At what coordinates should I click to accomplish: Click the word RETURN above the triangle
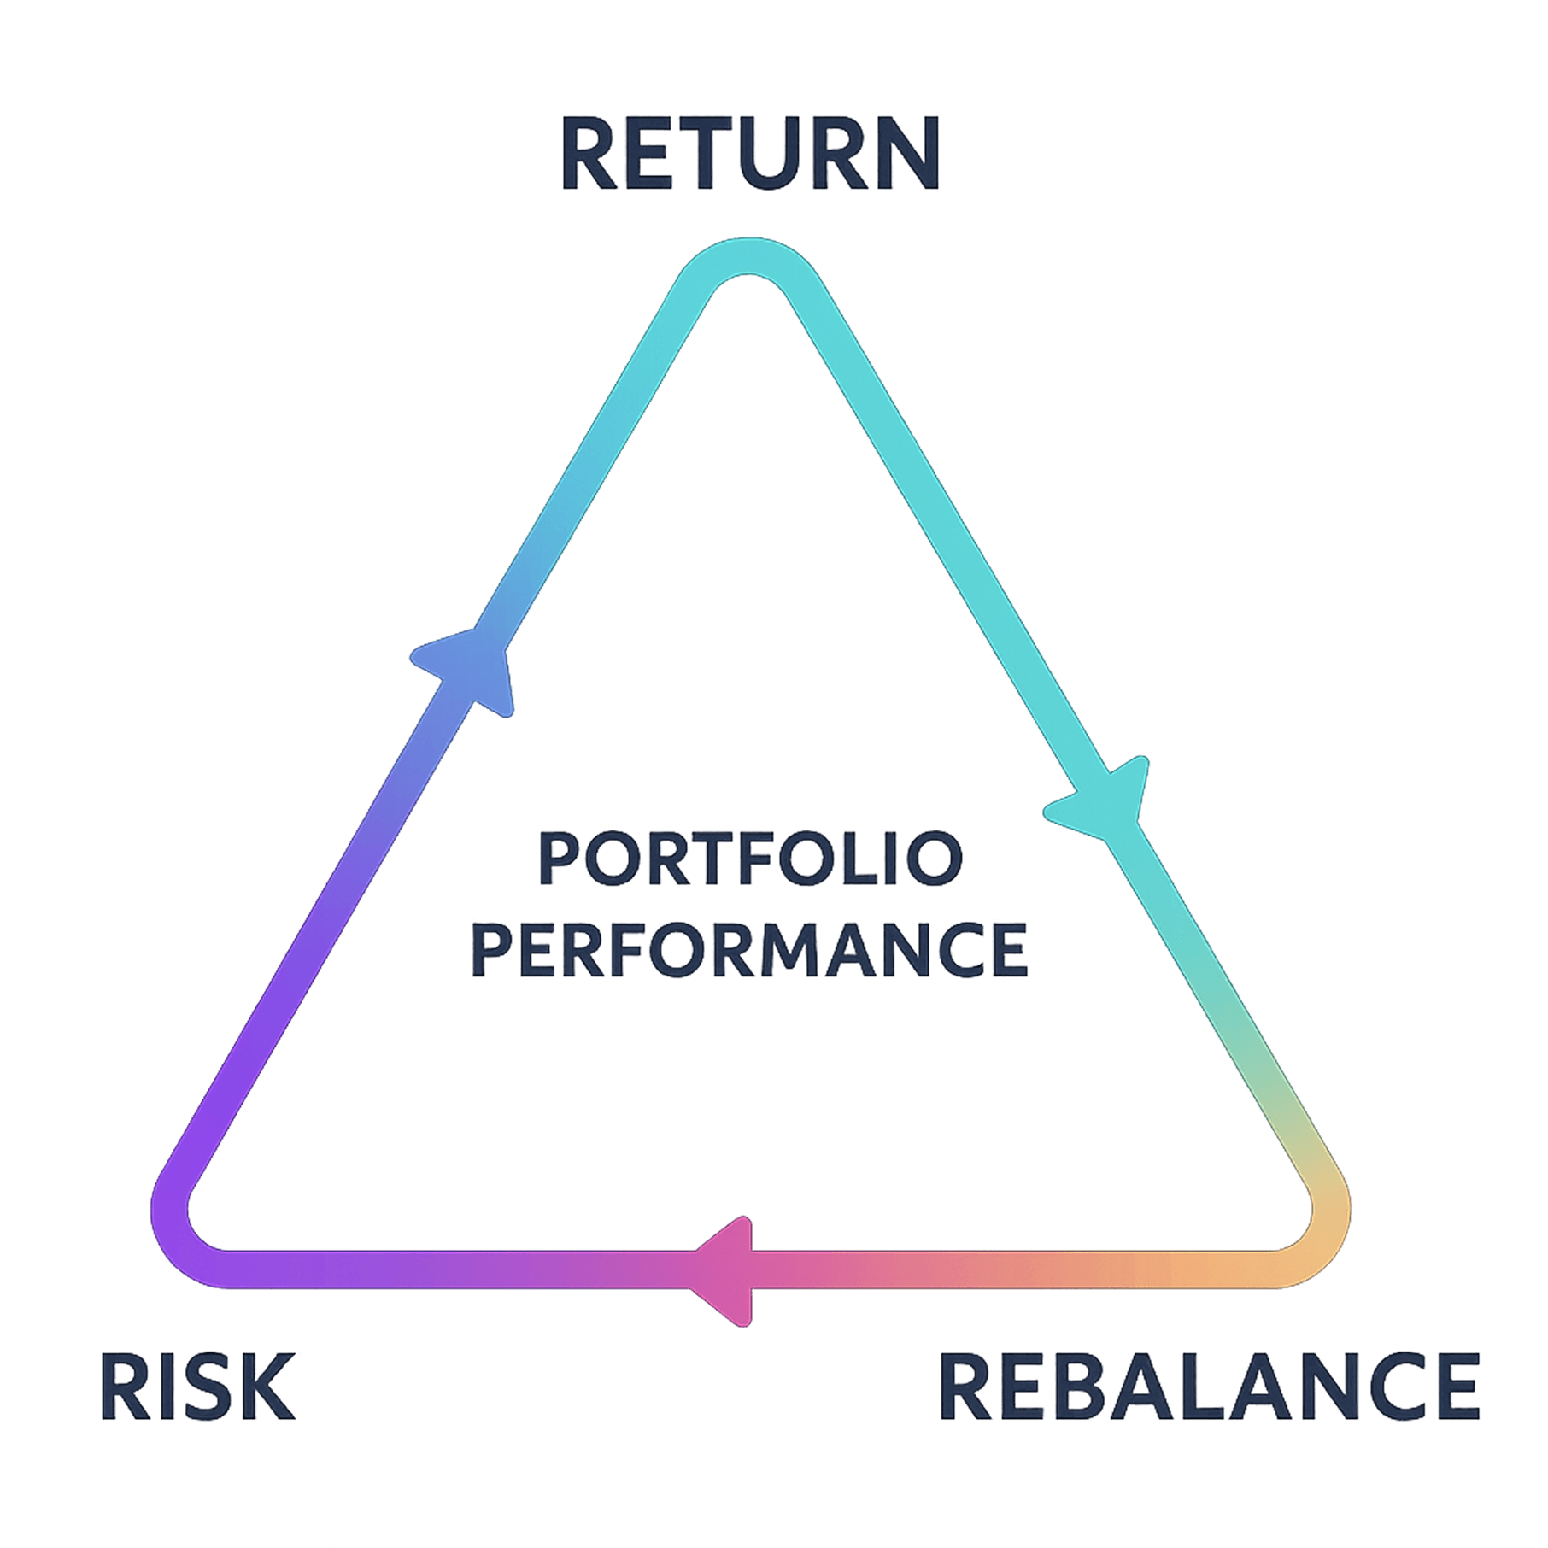point(750,155)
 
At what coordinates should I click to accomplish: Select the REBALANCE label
point(1210,1386)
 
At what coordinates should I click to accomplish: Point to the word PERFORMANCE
point(750,950)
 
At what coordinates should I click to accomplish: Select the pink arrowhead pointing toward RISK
point(726,1270)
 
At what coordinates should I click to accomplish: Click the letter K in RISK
point(267,1386)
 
